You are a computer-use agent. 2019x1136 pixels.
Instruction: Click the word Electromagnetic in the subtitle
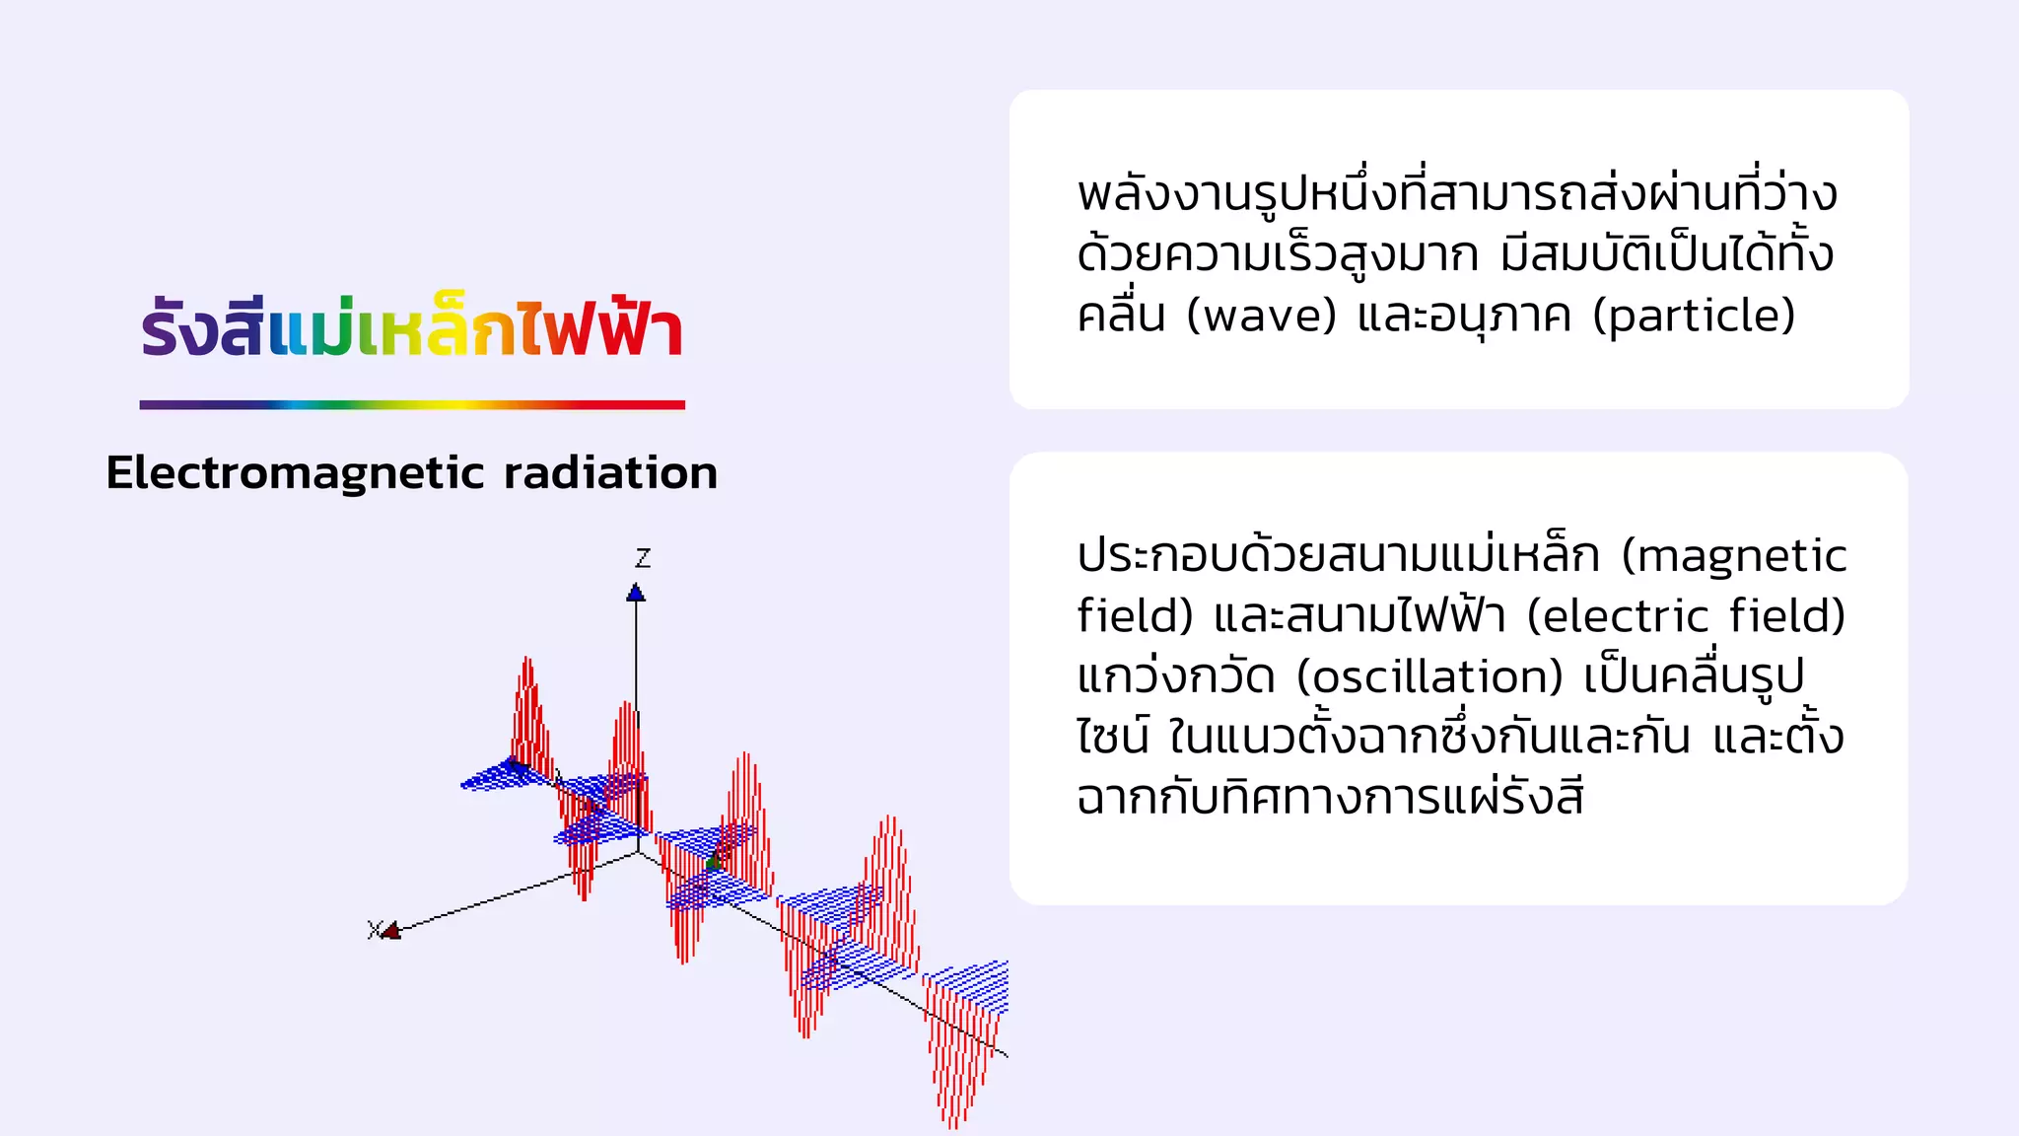296,473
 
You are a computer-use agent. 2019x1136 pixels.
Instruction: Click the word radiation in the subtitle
610,473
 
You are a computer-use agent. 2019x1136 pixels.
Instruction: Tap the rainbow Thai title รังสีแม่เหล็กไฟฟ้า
412,328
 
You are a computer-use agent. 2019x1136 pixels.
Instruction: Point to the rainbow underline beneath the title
412,404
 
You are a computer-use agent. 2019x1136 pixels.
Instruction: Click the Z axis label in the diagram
643,558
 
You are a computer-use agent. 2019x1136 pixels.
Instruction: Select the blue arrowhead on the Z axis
636,593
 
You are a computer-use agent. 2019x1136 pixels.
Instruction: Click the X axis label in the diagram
374,929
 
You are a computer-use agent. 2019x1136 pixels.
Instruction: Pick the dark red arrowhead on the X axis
391,930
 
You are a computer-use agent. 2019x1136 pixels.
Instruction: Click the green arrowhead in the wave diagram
713,862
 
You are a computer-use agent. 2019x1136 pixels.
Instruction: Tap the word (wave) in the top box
1261,317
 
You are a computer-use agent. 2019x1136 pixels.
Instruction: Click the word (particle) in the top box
1694,317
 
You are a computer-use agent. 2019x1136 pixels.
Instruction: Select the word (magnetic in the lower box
1734,556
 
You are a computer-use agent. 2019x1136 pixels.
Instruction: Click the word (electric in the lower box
1617,617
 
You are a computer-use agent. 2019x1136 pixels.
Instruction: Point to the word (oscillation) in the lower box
1429,677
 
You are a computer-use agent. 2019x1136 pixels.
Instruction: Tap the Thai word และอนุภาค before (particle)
1464,317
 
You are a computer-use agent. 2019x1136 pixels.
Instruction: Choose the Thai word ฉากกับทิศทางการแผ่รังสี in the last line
1330,798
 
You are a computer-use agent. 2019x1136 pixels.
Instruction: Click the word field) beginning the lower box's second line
1135,617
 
